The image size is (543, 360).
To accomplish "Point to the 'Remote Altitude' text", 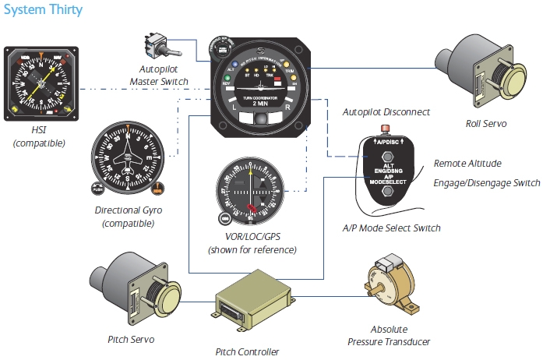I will point(467,164).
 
